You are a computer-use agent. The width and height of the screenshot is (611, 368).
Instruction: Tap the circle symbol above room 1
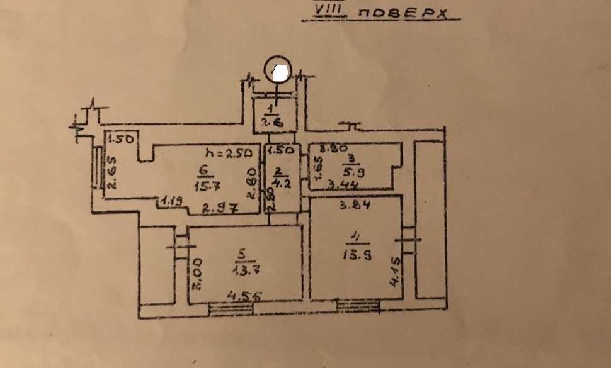(x=278, y=69)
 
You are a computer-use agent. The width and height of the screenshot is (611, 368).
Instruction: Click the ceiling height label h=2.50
(x=229, y=153)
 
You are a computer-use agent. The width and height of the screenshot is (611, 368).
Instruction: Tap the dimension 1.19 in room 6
(x=171, y=202)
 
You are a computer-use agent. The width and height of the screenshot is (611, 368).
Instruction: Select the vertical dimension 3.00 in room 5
(x=197, y=274)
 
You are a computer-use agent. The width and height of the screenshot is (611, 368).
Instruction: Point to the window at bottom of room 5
(x=229, y=309)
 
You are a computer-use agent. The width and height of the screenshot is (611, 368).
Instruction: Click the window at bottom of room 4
(x=358, y=306)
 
